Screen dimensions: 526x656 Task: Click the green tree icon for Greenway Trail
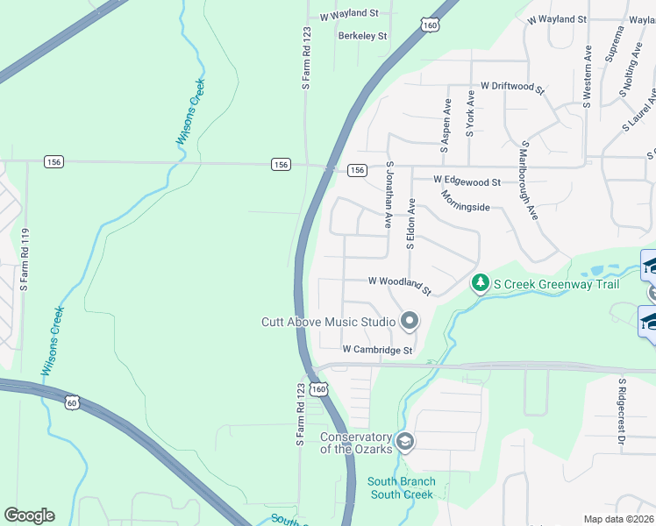coord(480,283)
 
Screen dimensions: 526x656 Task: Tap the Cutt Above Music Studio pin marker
coord(408,322)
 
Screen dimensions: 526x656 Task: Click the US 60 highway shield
coord(71,401)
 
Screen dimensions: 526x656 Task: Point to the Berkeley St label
coord(363,36)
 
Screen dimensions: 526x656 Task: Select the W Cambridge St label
coord(377,350)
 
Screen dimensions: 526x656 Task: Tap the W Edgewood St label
coord(467,181)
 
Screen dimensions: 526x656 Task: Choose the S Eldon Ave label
coord(410,224)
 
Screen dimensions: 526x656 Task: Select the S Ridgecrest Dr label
coord(620,413)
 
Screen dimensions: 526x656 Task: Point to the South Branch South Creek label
coord(401,488)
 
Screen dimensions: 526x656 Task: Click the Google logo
coord(29,515)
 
